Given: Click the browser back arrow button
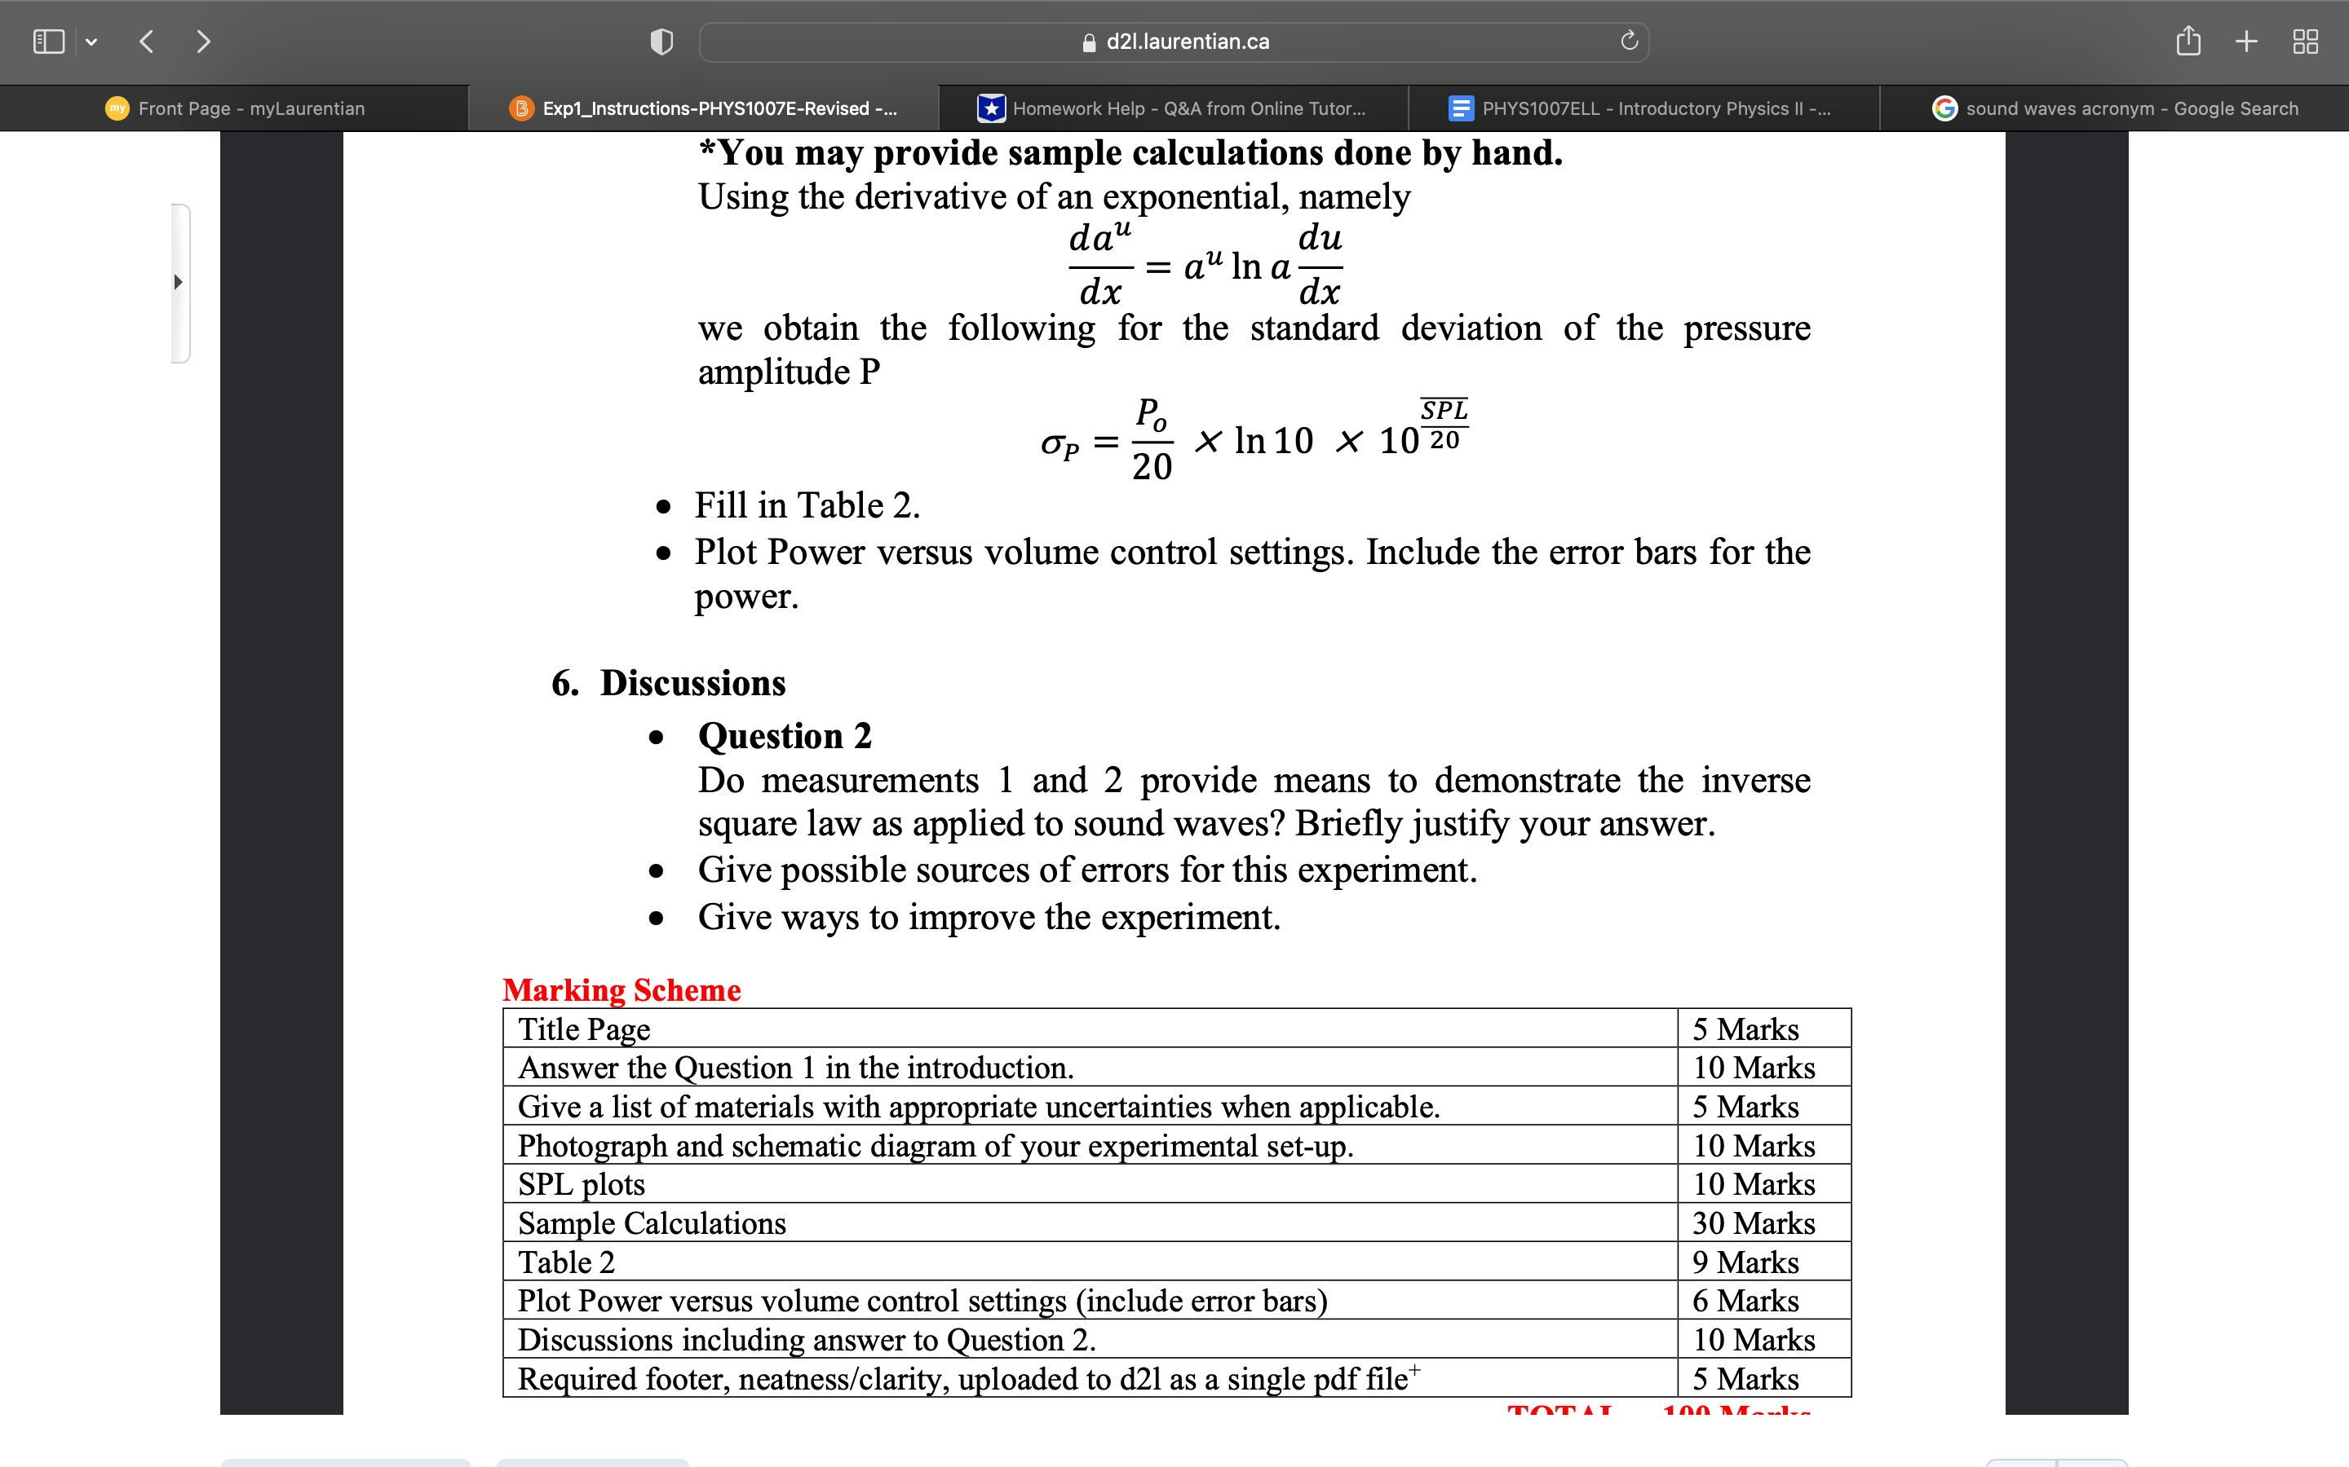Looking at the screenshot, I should (x=147, y=42).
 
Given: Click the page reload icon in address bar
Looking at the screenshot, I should (x=1629, y=41).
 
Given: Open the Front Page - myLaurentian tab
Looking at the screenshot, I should (x=250, y=108).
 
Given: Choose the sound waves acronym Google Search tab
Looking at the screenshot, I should (x=2130, y=108).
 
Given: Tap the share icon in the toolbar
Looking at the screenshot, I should (x=2188, y=42).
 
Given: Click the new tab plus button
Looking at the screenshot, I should (x=2246, y=42).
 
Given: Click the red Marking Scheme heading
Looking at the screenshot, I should (x=622, y=989).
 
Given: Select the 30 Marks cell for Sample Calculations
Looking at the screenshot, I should (x=1753, y=1223).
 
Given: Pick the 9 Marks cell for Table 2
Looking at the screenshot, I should (x=1745, y=1262).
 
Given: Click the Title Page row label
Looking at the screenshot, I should (x=583, y=1029).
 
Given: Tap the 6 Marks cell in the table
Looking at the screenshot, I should (x=1745, y=1301).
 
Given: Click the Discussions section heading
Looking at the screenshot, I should (x=692, y=683).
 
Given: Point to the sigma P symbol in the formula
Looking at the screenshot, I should (x=1059, y=444).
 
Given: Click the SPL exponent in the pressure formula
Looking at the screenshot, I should (x=1444, y=411).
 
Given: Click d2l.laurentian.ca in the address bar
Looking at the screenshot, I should (x=1186, y=42).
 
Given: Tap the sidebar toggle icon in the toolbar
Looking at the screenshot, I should (x=49, y=42).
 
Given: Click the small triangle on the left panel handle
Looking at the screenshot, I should (x=178, y=282).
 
